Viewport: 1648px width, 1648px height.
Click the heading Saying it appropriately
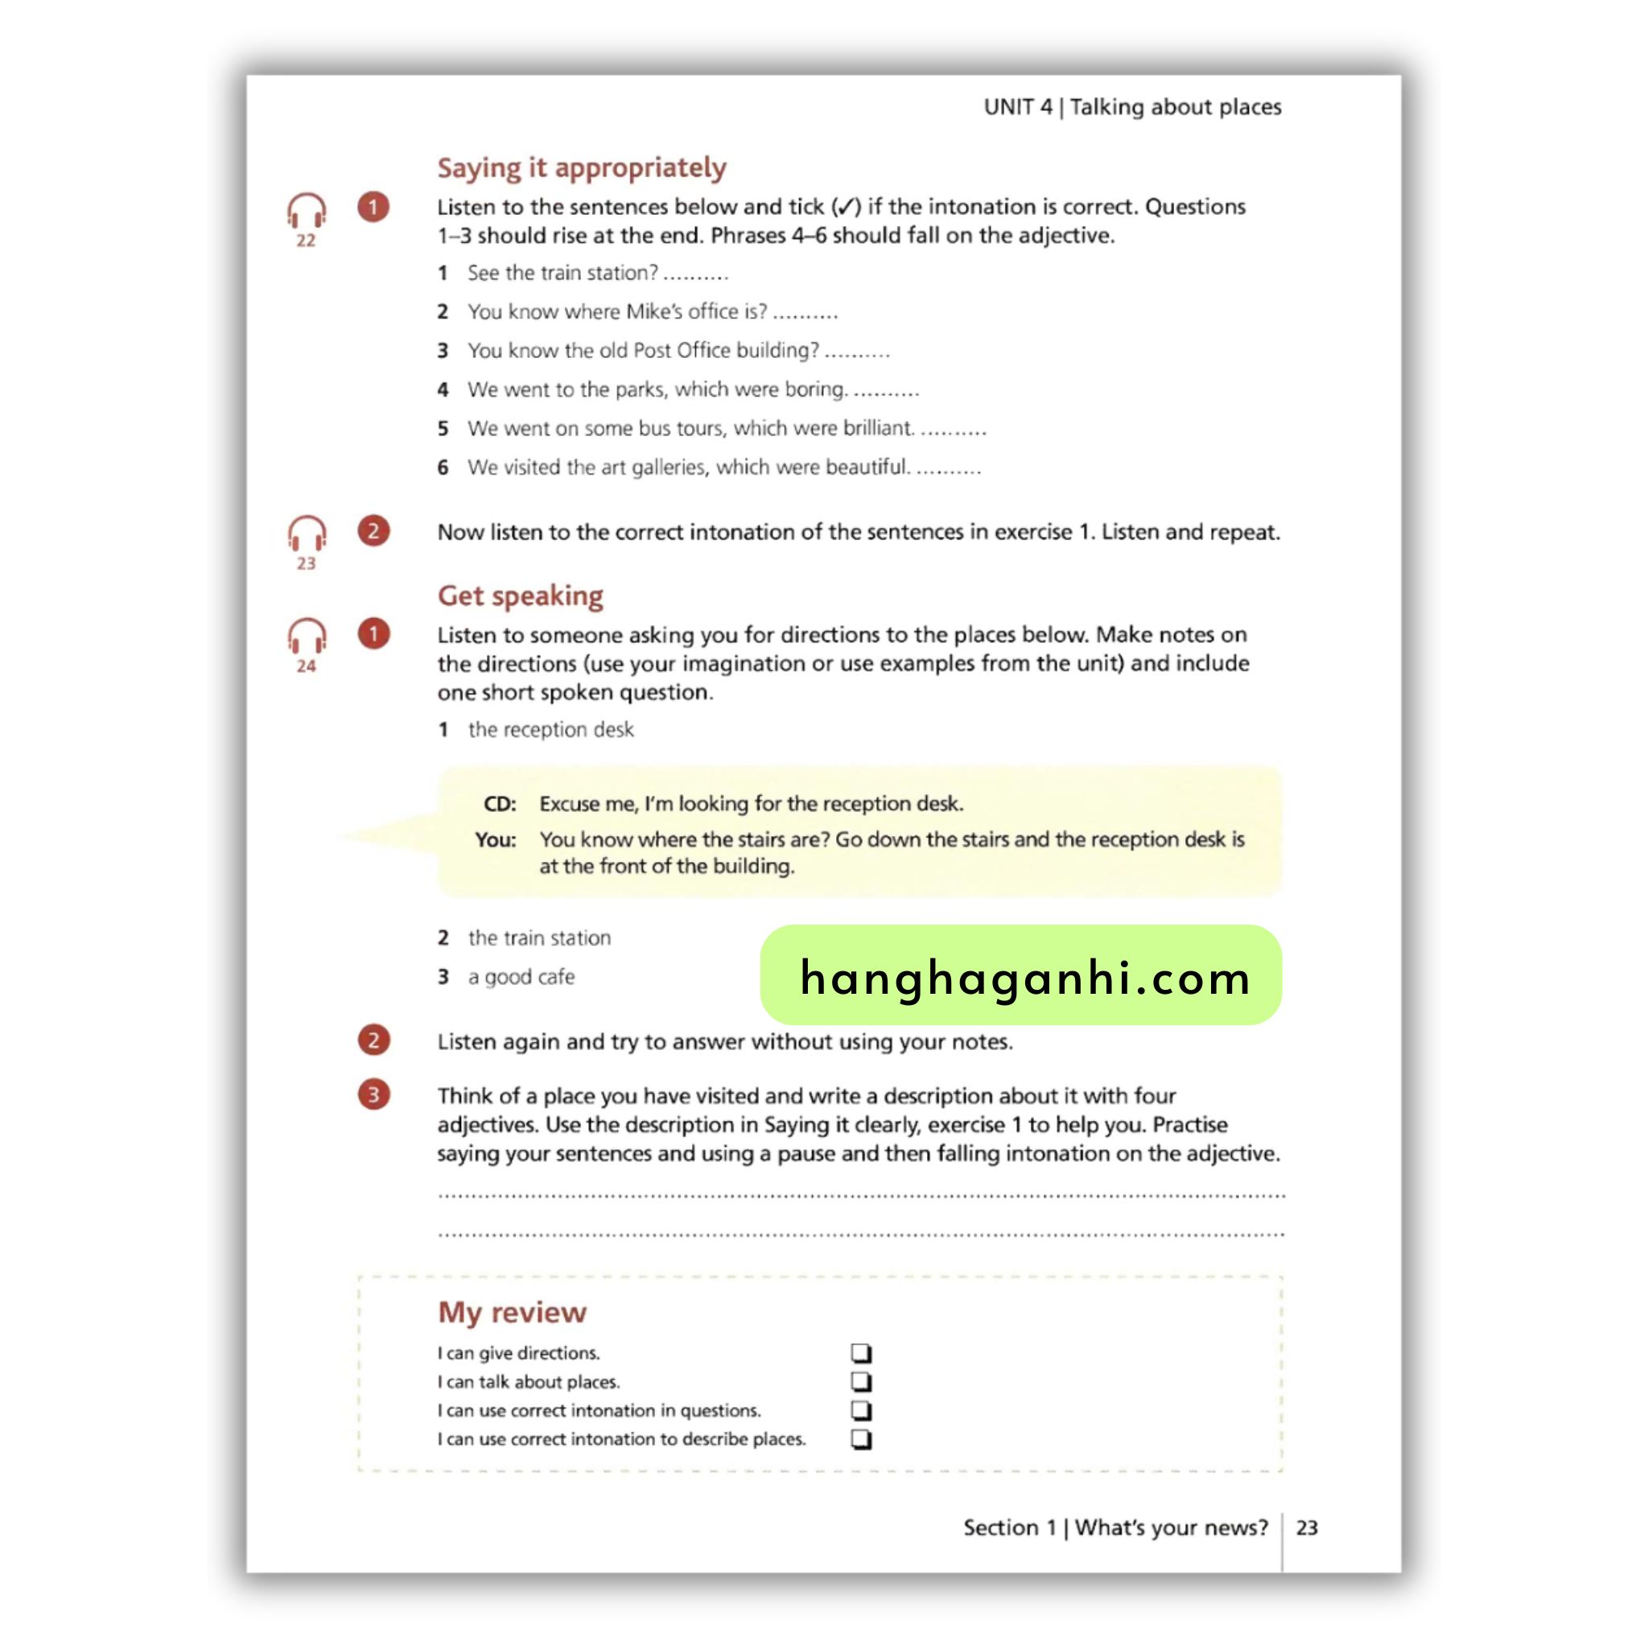pos(581,167)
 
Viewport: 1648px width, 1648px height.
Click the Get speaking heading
pos(520,595)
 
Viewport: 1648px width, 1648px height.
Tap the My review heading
pos(512,1312)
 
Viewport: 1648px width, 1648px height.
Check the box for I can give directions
pos(861,1353)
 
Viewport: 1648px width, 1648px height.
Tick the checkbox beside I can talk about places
pos(861,1381)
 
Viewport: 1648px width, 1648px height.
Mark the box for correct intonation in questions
pos(861,1410)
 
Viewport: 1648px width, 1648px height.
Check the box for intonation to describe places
pos(861,1439)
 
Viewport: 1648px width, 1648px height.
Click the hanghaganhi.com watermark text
pos(1024,978)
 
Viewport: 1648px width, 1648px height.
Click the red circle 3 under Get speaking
pos(373,1094)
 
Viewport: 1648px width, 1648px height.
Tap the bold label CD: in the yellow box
pos(500,804)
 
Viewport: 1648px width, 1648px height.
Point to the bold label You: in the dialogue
pos(496,839)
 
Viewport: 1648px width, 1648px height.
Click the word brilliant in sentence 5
pos(878,428)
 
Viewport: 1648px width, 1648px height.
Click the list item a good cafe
pos(521,977)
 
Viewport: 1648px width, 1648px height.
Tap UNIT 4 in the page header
pos(1018,107)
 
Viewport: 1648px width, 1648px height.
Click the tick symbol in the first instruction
pos(846,207)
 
